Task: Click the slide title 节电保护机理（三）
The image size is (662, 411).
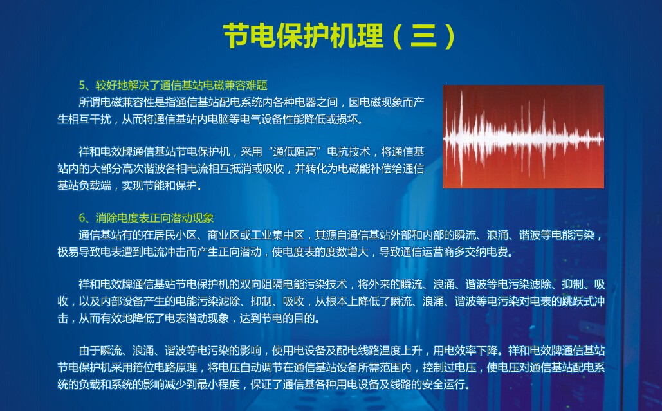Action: (340, 35)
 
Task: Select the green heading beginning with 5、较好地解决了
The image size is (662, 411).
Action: (173, 86)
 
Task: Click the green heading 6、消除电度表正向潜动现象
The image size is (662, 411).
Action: (146, 218)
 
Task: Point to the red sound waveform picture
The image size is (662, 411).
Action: (523, 136)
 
